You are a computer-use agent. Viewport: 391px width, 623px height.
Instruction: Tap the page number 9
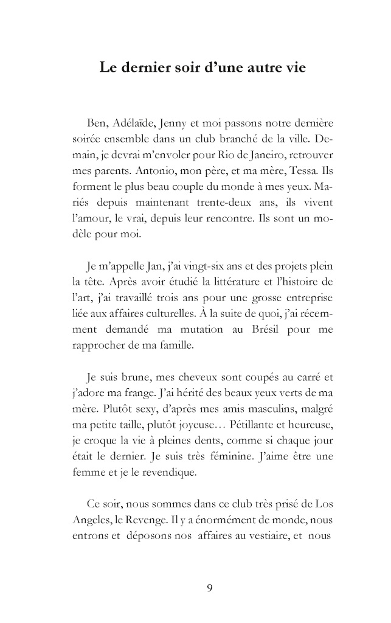click(x=209, y=588)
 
